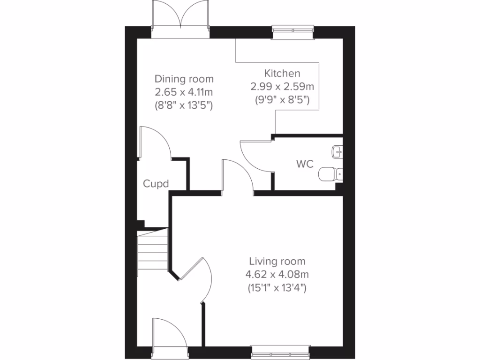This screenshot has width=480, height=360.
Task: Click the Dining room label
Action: pos(184,79)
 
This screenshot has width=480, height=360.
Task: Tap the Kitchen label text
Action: pos(282,74)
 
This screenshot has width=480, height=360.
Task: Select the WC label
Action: pos(305,165)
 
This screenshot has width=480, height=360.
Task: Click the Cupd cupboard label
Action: pos(156,184)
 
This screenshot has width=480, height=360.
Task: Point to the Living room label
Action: pos(277,262)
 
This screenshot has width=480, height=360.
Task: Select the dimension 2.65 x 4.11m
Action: pos(184,92)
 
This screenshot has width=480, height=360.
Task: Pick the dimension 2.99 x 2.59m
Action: pos(282,87)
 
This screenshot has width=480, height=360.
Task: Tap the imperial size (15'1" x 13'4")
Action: pos(277,288)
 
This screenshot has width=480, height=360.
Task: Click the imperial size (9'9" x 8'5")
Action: pos(282,99)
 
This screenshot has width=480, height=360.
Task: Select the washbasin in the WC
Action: pos(337,151)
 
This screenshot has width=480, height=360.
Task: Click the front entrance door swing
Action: pos(170,334)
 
